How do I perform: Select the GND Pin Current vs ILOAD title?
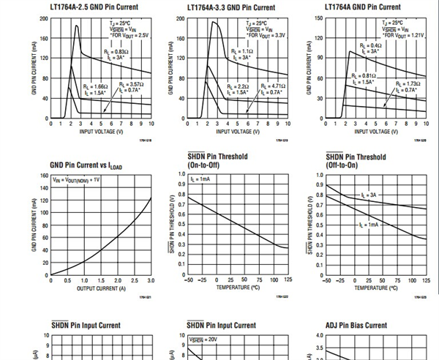(89, 165)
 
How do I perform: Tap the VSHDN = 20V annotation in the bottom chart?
(202, 340)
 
